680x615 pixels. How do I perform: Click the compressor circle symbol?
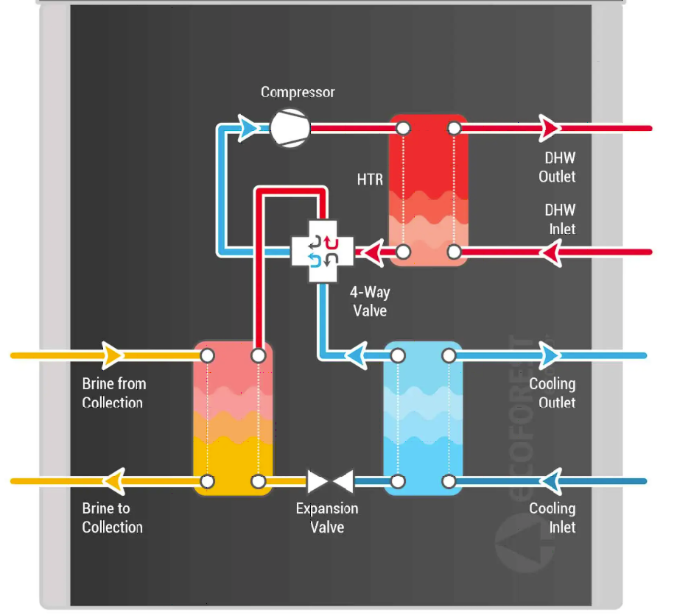290,128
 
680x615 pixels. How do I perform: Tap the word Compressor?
298,93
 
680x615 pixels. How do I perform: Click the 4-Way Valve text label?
370,302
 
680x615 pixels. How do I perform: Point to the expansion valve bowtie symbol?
330,482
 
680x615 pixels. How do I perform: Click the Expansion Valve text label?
327,517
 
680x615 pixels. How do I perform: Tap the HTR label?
370,179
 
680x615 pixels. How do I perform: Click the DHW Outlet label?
557,167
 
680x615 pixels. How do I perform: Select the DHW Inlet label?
560,219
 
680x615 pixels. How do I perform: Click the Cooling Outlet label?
553,393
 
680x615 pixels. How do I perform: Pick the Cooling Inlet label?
553,517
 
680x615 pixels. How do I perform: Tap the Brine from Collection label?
113,393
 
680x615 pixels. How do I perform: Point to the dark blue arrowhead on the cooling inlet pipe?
551,482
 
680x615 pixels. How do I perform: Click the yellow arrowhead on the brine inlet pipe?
113,356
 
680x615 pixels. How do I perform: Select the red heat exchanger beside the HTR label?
428,190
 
